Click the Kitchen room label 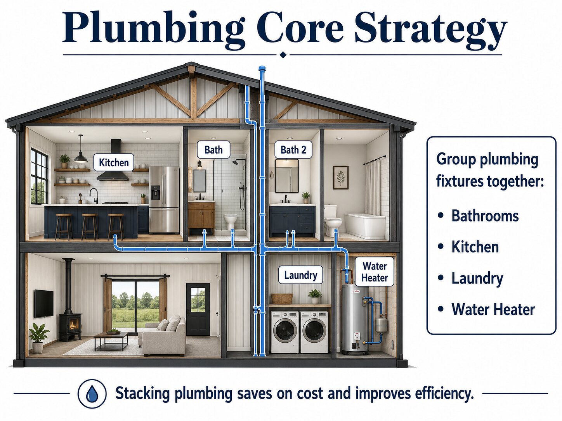click(114, 162)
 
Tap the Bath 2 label click(293, 150)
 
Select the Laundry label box click(300, 275)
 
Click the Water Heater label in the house click(375, 272)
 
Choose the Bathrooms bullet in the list click(478, 216)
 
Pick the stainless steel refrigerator click(164, 200)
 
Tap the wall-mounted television click(44, 304)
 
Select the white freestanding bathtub click(365, 226)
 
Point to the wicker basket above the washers click(282, 298)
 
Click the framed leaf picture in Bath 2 click(341, 178)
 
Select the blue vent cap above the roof click(262, 69)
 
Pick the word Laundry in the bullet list click(477, 278)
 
